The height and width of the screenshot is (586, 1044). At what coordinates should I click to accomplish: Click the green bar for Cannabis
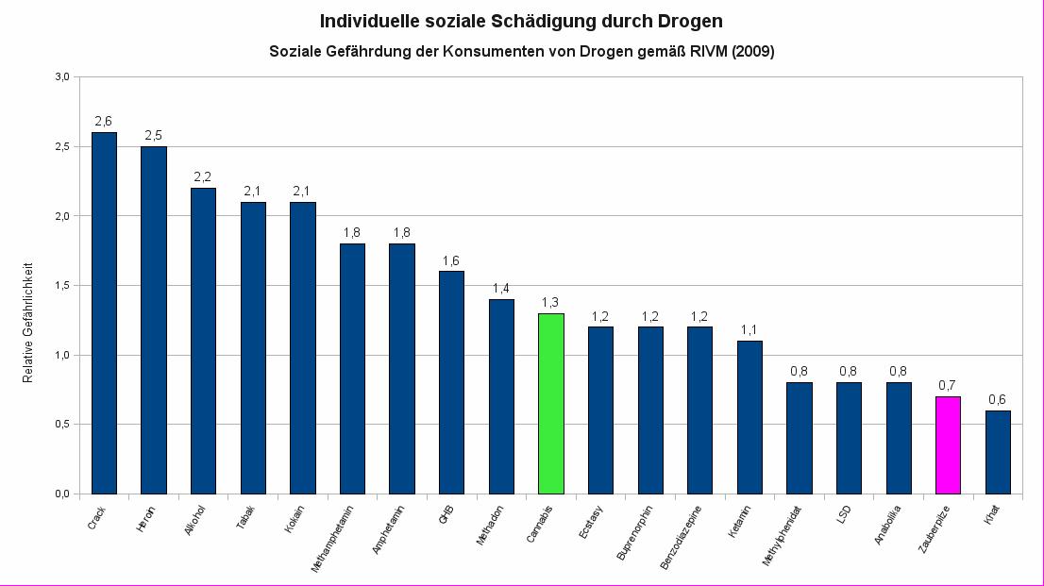coord(551,403)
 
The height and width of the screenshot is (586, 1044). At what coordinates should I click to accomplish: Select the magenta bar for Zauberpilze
coord(948,444)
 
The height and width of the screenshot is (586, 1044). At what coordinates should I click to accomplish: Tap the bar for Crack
coord(104,312)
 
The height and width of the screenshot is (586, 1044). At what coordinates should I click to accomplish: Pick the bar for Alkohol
coord(203,340)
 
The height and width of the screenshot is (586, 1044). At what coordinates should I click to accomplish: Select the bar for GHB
coord(451,382)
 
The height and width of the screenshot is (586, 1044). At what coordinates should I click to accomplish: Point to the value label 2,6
coord(104,121)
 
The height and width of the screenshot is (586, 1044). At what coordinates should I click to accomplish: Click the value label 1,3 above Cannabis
coord(551,302)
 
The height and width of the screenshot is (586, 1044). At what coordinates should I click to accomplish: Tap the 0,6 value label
coord(998,399)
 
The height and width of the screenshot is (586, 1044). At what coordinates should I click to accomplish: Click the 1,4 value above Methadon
coord(501,288)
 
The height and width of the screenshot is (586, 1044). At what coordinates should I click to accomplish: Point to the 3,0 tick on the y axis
coord(61,77)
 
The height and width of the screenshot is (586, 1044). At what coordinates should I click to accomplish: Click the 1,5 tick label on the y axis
coord(61,286)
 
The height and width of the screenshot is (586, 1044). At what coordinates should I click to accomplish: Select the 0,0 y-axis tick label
coord(61,494)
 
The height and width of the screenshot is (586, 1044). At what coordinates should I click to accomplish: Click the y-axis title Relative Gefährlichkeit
coord(28,322)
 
